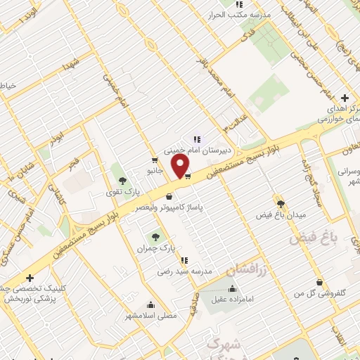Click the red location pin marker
tap(181, 166)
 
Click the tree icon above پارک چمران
tap(155, 237)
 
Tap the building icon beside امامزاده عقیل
tap(232, 288)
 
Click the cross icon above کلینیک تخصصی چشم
tap(30, 278)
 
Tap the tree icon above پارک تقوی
tap(123, 181)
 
